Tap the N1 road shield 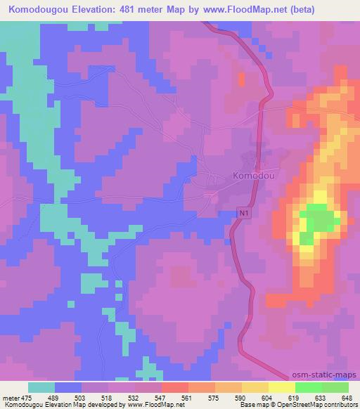coord(243,212)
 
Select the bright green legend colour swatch coord(308,387)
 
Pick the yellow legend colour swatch coord(281,387)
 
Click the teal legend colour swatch coord(41,387)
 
